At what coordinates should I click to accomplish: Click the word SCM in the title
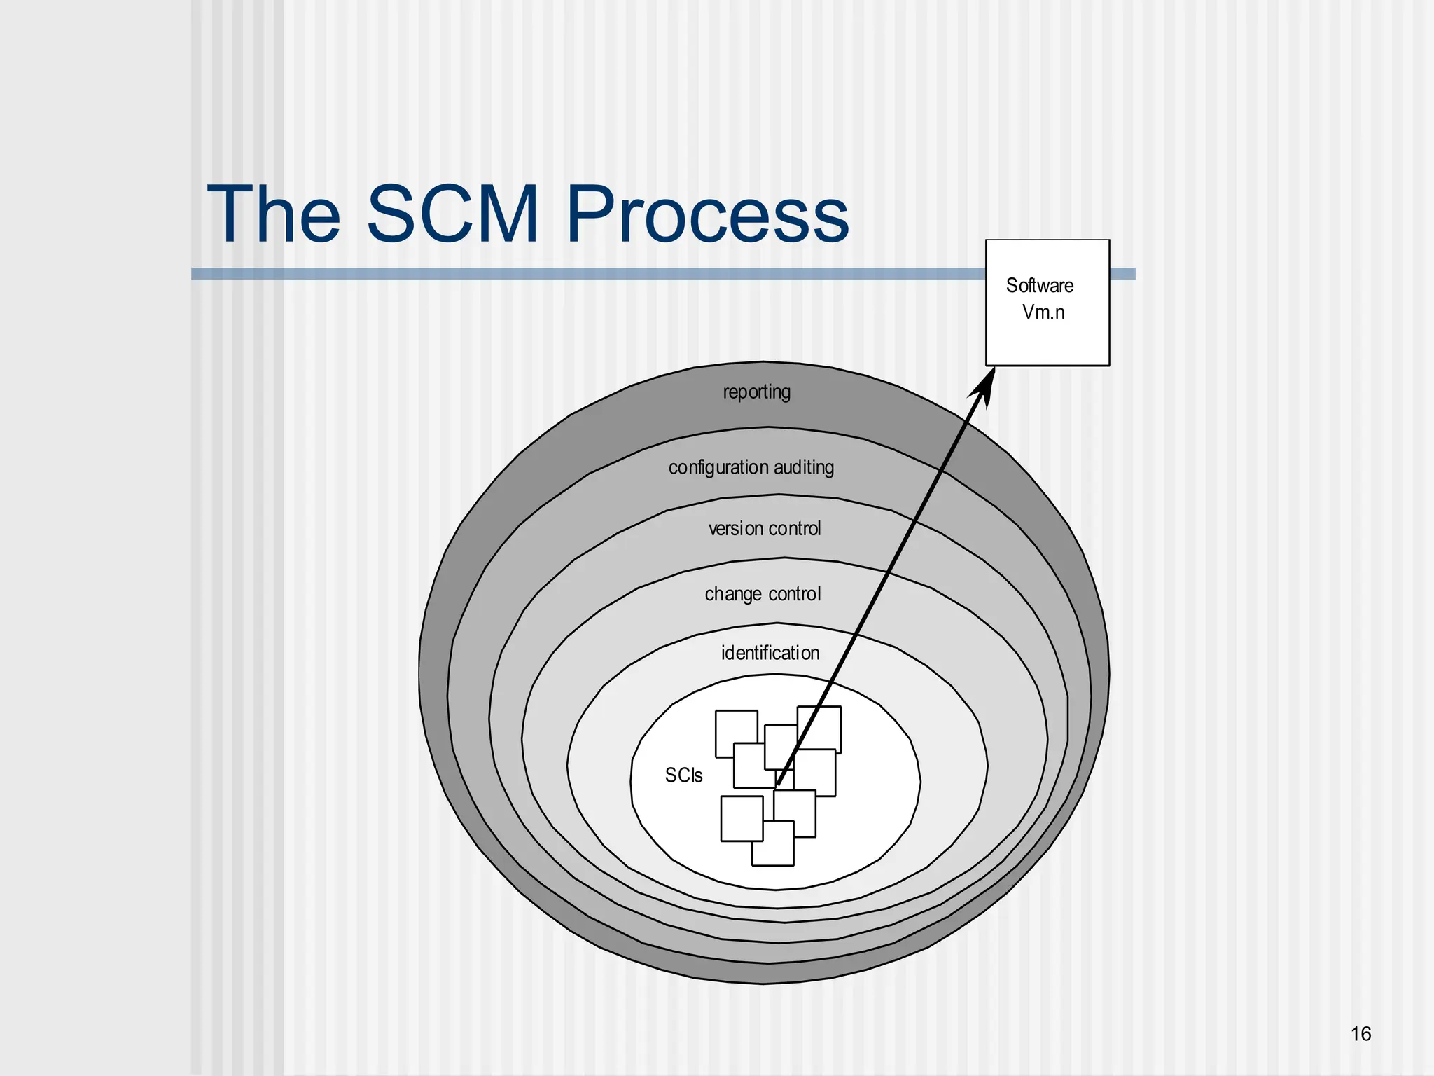[452, 214]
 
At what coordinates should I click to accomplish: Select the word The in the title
[274, 214]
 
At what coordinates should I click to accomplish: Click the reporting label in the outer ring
[756, 392]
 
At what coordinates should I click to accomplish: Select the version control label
[764, 528]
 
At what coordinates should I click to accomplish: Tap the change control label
[762, 594]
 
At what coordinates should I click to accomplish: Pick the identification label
[770, 653]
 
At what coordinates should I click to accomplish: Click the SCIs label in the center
[683, 775]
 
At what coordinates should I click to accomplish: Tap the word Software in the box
[1039, 286]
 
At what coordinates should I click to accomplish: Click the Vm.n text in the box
[1043, 312]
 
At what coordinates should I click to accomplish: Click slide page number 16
[1360, 1034]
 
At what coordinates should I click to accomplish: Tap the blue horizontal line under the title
[560, 274]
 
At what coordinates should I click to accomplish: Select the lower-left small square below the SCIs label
[741, 818]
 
